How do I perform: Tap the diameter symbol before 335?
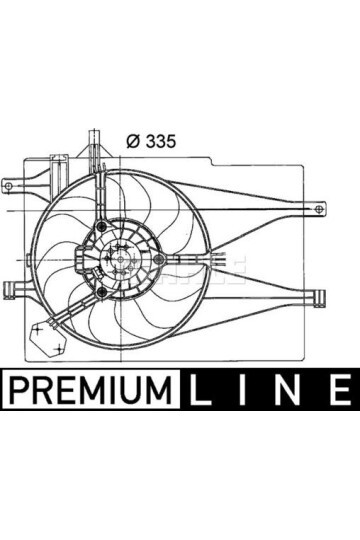pos(133,141)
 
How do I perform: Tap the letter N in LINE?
pos(292,387)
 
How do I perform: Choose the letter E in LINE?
pos(337,387)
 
